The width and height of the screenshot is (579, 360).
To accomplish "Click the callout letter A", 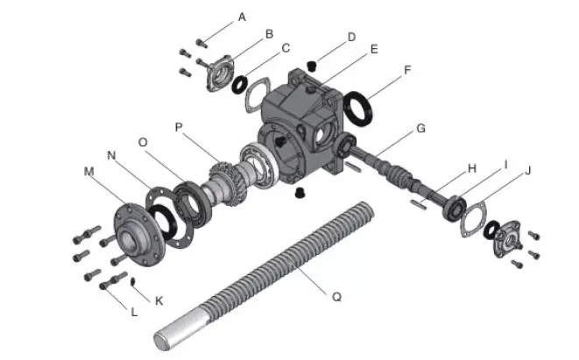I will (242, 17).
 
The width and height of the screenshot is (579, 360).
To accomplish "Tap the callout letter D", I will (351, 37).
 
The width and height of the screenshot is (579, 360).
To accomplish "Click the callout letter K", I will (159, 300).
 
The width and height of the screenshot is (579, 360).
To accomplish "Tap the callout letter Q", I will (335, 296).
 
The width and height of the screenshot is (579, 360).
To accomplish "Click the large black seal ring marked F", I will (361, 109).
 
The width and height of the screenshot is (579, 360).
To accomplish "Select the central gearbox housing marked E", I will (298, 123).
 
